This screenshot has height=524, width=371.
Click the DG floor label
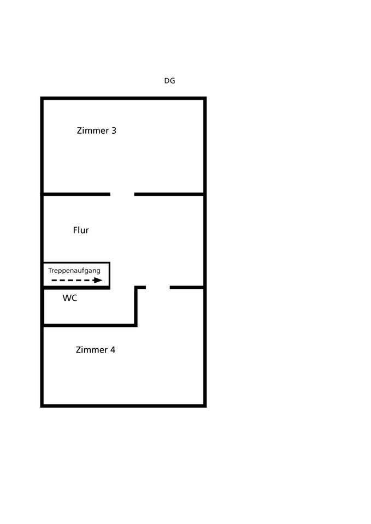[x=169, y=81]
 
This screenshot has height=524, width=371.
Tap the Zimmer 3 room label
[x=96, y=131]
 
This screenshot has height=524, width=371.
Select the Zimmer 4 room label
[x=95, y=350]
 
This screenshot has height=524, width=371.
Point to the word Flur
[x=81, y=230]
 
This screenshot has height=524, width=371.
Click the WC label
[x=70, y=298]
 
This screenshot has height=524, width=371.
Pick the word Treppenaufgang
[x=74, y=270]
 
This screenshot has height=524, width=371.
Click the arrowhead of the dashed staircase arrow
[x=98, y=280]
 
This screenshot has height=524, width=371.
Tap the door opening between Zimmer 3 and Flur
[x=122, y=194]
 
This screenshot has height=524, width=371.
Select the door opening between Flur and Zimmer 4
[x=158, y=287]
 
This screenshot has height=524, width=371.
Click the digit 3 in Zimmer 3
[x=114, y=131]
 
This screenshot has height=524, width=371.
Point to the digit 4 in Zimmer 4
[x=113, y=350]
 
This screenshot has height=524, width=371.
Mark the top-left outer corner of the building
[x=42, y=98]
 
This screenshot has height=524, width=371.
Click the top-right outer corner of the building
[x=205, y=98]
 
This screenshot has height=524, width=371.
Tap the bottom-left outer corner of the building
[x=42, y=406]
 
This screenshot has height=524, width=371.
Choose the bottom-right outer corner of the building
[x=205, y=406]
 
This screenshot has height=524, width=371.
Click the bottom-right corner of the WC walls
[x=136, y=325]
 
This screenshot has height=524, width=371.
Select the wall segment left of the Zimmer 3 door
[x=76, y=194]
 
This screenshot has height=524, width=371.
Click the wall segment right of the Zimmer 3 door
[x=169, y=194]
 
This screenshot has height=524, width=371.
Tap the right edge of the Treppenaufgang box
[x=109, y=275]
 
